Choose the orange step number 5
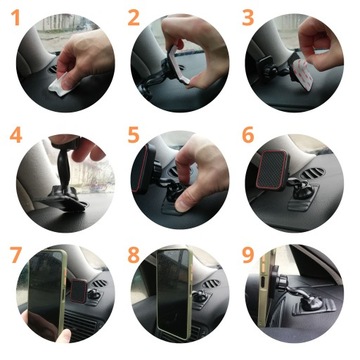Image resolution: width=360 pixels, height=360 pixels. (134, 136)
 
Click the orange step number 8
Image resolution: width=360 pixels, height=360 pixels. (134, 253)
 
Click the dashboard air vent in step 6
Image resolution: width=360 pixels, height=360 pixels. (312, 185)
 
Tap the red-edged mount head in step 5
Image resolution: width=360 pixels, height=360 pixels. (146, 175)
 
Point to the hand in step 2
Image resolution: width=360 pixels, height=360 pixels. (200, 50)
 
